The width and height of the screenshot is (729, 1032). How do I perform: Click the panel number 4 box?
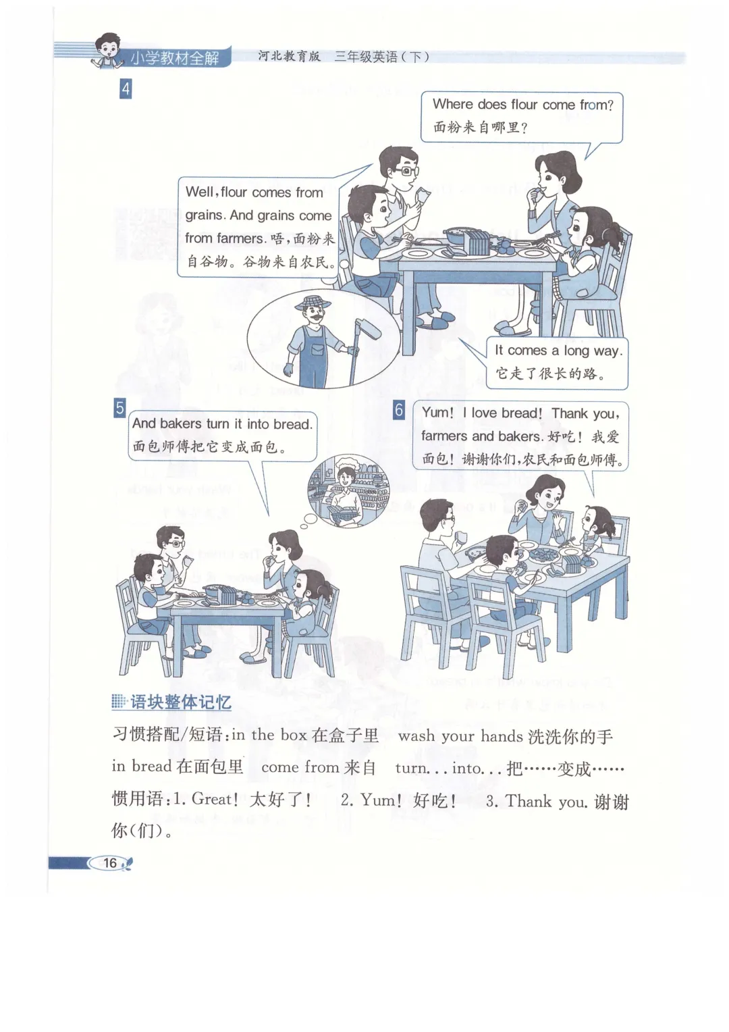click(126, 89)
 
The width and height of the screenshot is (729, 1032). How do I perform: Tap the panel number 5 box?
click(119, 408)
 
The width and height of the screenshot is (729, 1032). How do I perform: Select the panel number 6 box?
click(399, 409)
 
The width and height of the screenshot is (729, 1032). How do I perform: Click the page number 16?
click(110, 862)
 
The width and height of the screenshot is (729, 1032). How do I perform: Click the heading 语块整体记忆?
click(180, 702)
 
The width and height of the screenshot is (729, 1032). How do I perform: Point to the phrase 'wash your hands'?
click(460, 736)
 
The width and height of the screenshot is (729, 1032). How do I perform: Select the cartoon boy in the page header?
click(107, 50)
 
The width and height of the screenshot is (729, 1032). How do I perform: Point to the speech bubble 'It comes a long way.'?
click(558, 363)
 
